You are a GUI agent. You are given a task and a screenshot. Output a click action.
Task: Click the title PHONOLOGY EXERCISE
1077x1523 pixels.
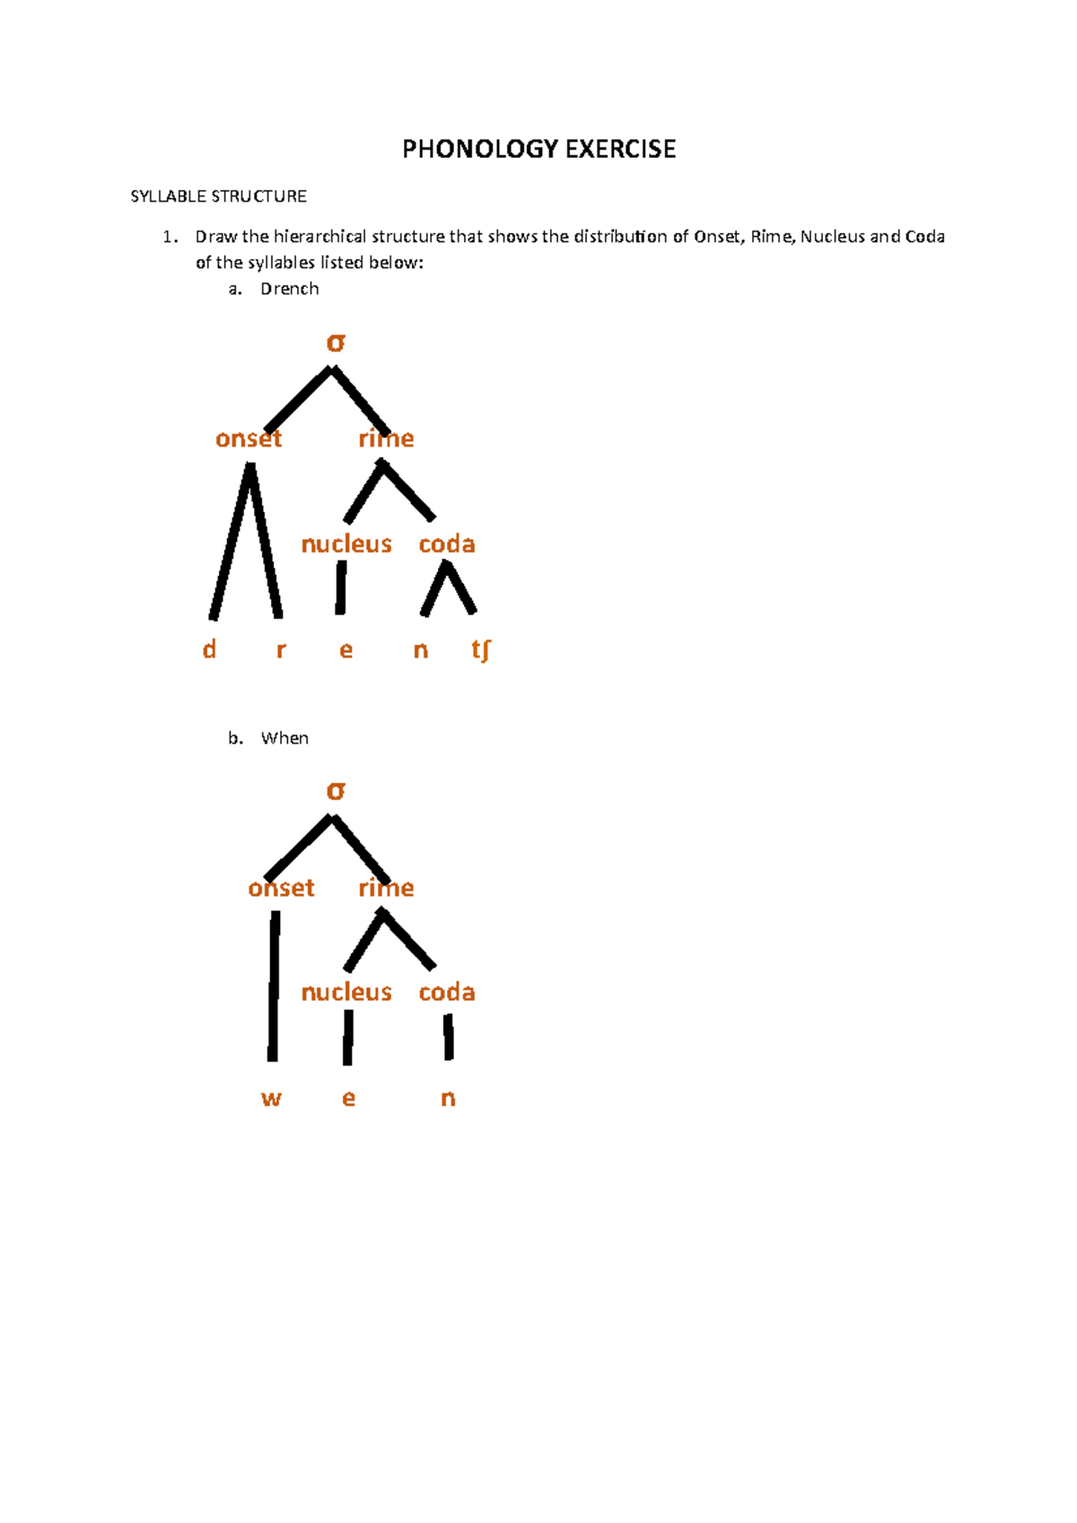pos(538,149)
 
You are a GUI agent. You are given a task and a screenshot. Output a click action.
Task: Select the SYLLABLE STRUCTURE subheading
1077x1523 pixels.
pos(218,196)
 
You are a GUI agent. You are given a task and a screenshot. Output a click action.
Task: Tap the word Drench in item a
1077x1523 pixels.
pos(289,289)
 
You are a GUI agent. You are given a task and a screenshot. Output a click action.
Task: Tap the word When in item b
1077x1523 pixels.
pos(285,738)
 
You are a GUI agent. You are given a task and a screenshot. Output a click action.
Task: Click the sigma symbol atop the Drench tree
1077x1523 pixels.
pos(336,343)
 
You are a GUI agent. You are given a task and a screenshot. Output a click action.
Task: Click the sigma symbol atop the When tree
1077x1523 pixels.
pos(336,791)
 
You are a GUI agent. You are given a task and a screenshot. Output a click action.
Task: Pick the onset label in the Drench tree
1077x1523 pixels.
pos(249,439)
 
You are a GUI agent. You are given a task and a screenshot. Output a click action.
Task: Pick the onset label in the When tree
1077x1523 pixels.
pos(281,888)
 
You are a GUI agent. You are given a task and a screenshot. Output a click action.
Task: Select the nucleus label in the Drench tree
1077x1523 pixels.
pos(346,544)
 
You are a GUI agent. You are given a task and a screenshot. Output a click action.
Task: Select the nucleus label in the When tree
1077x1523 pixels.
pos(346,993)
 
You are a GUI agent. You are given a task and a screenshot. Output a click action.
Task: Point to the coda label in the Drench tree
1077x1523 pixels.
pos(447,544)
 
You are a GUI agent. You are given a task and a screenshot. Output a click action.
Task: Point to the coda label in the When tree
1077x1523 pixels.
pos(447,993)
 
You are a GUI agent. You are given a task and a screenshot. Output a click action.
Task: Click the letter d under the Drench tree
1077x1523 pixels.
pos(209,649)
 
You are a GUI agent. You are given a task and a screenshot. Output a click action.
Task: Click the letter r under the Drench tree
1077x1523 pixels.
pos(281,650)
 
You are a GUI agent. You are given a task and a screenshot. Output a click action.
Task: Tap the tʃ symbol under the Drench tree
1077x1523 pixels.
pos(481,650)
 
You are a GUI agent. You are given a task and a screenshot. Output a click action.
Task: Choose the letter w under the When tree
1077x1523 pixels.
pos(271,1099)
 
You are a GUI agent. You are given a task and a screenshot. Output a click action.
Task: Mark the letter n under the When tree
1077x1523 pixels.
pos(448,1099)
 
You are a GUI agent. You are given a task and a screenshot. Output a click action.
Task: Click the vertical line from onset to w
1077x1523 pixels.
pos(274,987)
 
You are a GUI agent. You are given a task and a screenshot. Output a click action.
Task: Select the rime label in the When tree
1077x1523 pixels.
pos(386,888)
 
